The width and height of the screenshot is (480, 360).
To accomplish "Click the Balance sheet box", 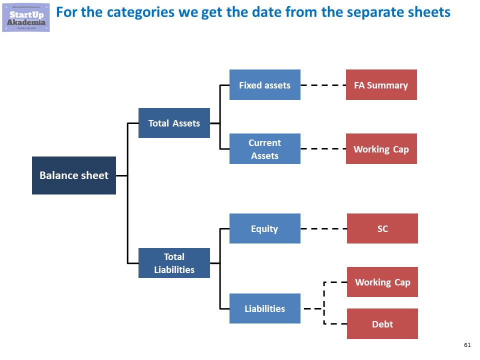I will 74,175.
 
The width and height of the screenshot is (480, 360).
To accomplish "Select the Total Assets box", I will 174,123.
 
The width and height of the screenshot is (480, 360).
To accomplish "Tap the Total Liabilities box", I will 174,263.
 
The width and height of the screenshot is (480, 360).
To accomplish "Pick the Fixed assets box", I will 264,85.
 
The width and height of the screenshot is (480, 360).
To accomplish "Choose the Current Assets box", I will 264,149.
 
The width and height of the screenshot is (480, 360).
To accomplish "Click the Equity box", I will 264,228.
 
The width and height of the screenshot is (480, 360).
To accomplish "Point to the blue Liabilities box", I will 264,308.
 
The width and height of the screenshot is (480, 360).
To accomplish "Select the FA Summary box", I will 381,85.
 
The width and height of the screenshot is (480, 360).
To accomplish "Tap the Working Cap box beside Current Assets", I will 381,149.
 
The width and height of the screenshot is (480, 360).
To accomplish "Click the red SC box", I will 382,228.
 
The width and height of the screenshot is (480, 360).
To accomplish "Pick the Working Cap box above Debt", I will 382,282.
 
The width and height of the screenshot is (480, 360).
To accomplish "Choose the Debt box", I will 382,324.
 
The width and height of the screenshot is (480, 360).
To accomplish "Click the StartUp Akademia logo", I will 26,16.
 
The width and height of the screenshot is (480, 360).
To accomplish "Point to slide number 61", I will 467,345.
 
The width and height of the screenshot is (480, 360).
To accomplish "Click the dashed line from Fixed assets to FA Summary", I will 323,85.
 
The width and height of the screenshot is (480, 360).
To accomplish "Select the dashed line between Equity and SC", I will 323,228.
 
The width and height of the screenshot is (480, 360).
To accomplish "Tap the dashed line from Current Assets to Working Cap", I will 323,149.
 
